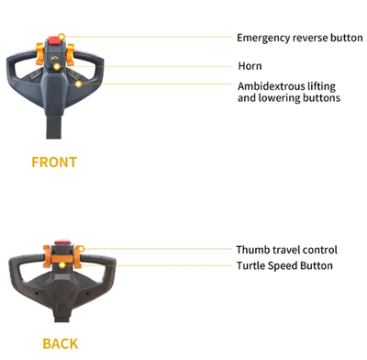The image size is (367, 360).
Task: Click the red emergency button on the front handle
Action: (x=53, y=40)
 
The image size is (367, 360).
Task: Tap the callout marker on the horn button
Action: (x=57, y=66)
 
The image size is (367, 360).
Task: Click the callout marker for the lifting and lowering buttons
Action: (x=79, y=84)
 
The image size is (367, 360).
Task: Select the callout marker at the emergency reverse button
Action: (x=61, y=37)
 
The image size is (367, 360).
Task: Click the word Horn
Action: (x=250, y=66)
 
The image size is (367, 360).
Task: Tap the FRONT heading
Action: (x=54, y=163)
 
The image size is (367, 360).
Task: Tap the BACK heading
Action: (x=61, y=343)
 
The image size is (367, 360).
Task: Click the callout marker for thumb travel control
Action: (x=81, y=249)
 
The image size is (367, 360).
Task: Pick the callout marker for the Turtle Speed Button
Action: (x=62, y=264)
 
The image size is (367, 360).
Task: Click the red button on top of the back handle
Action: (x=63, y=242)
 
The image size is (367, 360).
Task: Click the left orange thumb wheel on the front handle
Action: (x=39, y=54)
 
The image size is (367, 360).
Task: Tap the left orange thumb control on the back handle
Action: (x=47, y=256)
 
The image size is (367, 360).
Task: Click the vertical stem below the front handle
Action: (x=54, y=126)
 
